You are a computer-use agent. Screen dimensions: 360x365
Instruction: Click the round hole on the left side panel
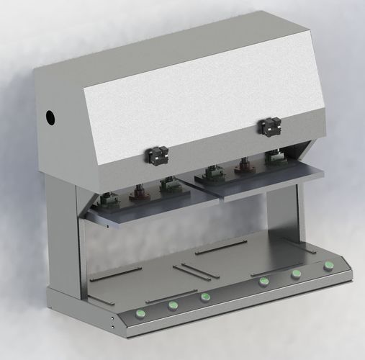(x=51, y=116)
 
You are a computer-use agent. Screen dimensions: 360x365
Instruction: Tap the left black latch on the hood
(x=157, y=155)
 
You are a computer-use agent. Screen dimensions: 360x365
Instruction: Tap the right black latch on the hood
(x=269, y=127)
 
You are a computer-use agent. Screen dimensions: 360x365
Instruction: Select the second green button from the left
(x=173, y=305)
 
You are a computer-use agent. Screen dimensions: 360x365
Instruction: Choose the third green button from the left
(x=205, y=297)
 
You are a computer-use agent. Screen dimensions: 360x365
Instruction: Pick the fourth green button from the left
(x=264, y=281)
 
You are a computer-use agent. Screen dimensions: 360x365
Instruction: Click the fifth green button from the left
(x=296, y=274)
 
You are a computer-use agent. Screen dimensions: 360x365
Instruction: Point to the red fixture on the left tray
(x=137, y=194)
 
